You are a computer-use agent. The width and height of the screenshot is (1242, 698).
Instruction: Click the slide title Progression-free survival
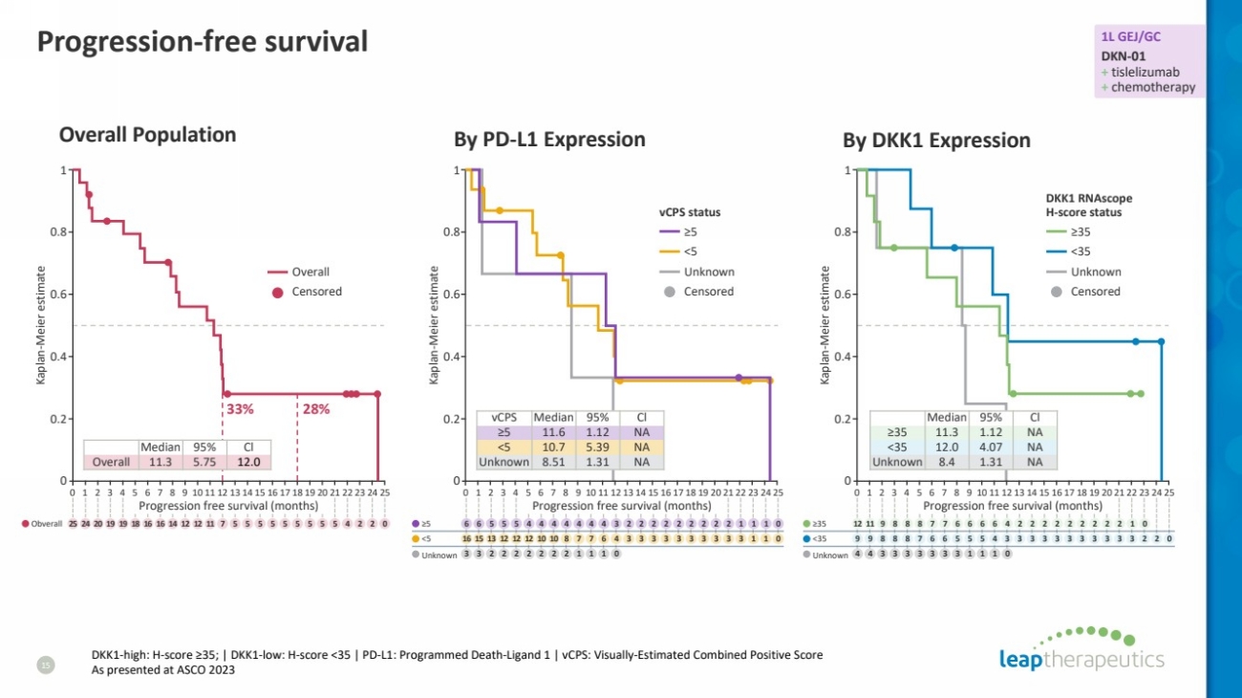202,42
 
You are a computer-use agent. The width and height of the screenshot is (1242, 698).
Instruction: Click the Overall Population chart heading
147,135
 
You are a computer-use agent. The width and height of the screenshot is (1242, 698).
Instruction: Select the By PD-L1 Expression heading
549,140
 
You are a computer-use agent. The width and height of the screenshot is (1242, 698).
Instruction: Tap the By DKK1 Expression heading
936,141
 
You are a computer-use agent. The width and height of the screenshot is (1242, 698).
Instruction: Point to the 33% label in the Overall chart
239,409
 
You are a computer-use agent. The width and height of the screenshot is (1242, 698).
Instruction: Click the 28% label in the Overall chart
316,409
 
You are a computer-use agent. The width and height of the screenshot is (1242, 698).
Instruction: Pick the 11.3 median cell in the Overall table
160,462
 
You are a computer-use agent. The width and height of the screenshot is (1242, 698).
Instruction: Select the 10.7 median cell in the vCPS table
553,447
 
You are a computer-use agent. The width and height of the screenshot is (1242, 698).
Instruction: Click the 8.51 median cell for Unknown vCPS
553,462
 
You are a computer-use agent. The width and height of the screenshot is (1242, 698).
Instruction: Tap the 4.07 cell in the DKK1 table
991,447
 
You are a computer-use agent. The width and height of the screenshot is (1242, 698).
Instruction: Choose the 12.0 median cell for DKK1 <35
947,447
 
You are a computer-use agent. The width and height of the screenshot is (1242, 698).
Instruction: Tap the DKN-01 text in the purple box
1124,56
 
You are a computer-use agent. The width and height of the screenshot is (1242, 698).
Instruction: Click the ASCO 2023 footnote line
163,670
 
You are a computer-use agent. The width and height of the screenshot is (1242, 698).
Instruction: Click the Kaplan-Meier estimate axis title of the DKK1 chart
824,325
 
